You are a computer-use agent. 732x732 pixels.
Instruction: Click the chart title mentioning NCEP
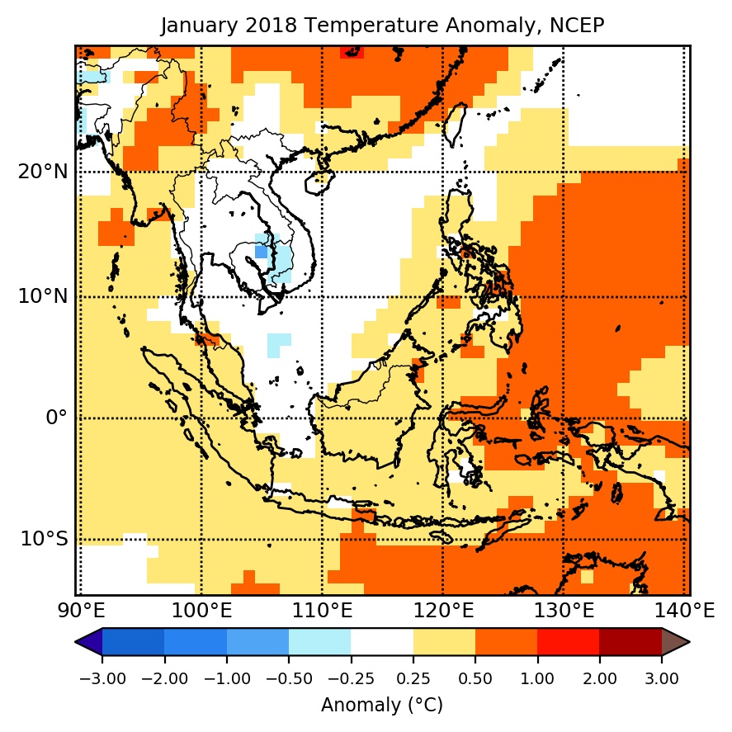coord(382,26)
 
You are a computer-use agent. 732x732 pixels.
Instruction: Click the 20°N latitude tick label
coord(43,172)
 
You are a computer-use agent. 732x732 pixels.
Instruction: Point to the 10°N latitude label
coord(43,296)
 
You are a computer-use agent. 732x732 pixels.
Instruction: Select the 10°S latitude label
coord(43,539)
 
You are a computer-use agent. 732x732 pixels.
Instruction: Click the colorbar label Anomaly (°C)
coord(382,706)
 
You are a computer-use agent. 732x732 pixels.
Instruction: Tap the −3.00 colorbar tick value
coord(102,678)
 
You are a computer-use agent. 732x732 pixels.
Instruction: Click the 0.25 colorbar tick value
coord(413,678)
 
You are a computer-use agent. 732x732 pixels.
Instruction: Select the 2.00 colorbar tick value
coord(599,678)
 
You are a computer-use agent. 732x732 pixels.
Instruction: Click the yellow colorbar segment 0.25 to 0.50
coord(444,642)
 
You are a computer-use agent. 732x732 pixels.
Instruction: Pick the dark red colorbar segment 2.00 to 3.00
coord(630,642)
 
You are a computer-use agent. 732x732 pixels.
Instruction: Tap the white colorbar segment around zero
coord(382,642)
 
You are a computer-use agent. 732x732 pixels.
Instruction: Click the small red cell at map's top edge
coord(352,52)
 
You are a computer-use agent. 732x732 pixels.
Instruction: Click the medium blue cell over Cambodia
coord(261,252)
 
